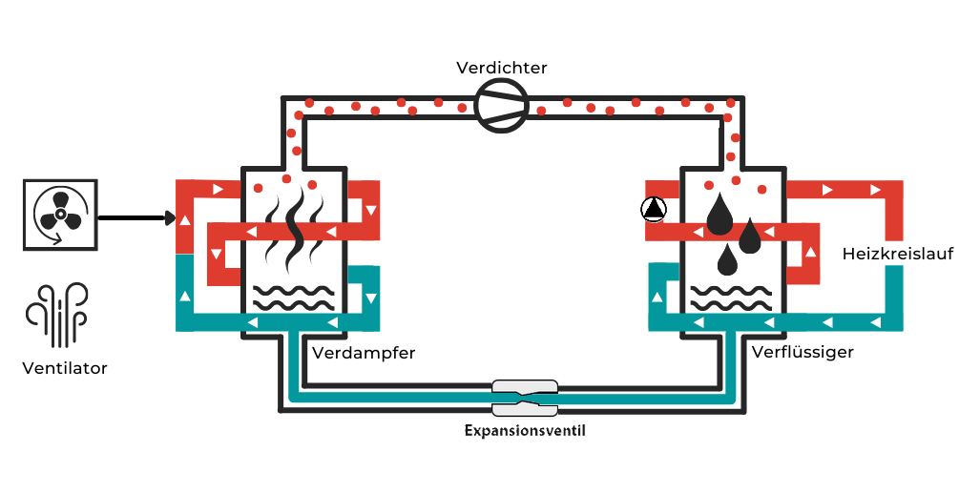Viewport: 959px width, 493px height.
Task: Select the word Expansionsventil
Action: (x=524, y=431)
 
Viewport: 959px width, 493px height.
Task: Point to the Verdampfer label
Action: (x=364, y=353)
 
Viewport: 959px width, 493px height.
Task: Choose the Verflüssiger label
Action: (x=803, y=353)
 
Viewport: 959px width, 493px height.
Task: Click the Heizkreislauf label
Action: (x=898, y=254)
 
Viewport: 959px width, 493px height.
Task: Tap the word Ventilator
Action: (x=65, y=368)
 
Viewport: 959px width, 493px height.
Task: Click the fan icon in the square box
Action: (x=59, y=215)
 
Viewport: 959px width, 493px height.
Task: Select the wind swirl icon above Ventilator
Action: (x=57, y=315)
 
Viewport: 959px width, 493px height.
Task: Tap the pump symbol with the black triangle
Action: (x=654, y=209)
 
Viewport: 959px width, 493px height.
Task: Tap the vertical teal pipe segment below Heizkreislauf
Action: (x=894, y=290)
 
